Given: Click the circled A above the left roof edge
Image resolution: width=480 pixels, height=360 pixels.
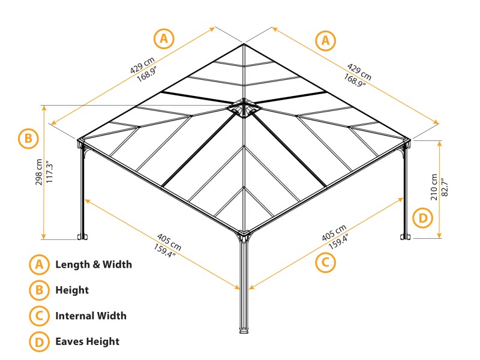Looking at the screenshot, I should point(164,39).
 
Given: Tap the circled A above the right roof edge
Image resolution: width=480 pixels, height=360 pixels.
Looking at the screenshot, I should point(326,40).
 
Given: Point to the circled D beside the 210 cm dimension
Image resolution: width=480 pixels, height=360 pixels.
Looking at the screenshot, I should point(424,217).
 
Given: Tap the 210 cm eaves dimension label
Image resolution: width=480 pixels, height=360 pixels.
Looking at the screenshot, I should point(434,187).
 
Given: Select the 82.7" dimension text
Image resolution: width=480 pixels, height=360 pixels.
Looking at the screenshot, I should point(445,187).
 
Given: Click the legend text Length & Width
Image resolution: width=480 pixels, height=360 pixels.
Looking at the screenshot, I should point(94,264).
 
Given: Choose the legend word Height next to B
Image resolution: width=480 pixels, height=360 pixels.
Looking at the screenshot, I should point(72,290).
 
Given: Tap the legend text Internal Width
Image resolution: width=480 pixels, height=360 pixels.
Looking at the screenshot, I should point(91,316).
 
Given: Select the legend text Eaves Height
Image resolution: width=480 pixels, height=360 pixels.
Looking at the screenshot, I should point(87,341).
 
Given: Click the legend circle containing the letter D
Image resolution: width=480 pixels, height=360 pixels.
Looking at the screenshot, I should point(38,341).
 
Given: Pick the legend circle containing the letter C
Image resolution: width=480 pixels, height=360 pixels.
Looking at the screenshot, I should point(38,316).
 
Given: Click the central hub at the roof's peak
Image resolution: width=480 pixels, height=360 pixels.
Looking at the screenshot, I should point(244,109).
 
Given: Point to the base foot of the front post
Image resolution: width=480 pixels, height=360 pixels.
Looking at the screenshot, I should point(244,329).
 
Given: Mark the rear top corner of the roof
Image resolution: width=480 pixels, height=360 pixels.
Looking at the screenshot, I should point(244,44).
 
